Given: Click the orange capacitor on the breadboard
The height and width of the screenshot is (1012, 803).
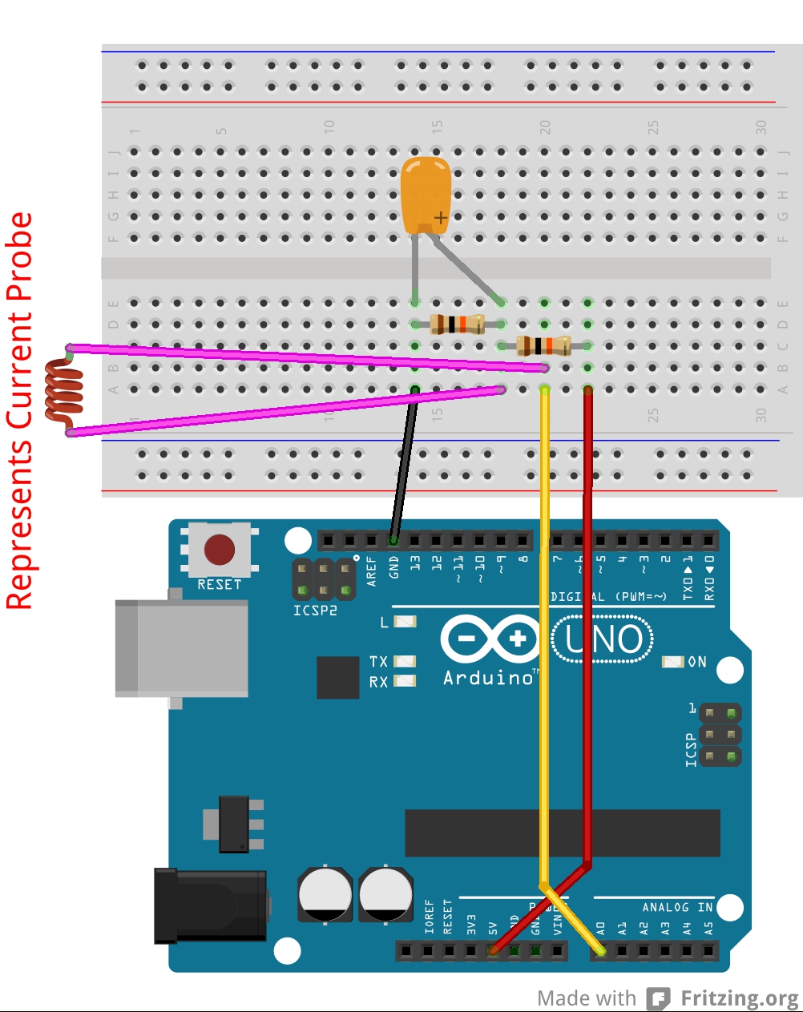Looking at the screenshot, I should [425, 194].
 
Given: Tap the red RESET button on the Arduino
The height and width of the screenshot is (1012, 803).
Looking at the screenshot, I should [219, 550].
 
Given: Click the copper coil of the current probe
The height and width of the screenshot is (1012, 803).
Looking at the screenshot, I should [64, 391].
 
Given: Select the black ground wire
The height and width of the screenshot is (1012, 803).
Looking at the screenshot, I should [404, 465].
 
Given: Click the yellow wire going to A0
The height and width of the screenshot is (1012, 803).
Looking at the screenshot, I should [544, 641].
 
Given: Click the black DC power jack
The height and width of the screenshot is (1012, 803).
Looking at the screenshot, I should [210, 905].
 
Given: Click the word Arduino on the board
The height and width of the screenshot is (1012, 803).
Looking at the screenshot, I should [488, 678].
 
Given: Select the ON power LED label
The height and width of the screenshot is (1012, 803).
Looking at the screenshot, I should [696, 662].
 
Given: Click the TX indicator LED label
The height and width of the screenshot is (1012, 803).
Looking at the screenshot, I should [378, 661].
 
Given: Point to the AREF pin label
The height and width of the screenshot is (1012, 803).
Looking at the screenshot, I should [371, 571].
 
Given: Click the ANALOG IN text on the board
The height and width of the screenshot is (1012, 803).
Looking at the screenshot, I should [676, 907].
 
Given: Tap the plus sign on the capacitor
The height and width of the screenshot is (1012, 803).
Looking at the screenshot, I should [440, 217].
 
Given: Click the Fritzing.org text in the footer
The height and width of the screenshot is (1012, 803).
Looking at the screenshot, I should [739, 998].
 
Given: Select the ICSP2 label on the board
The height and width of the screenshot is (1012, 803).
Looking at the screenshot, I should [315, 611].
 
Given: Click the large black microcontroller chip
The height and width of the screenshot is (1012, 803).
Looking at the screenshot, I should [562, 833].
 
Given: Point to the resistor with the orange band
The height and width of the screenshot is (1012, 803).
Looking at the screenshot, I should [457, 325].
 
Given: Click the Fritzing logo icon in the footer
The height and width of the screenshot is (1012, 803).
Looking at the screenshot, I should [658, 998].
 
